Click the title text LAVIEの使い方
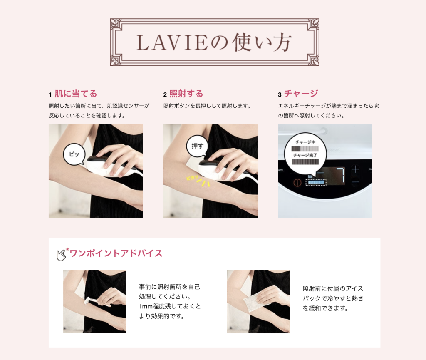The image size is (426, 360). click(214, 42)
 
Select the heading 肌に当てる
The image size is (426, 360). click(76, 94)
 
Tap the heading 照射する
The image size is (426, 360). click(186, 94)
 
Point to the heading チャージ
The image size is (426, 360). click(301, 94)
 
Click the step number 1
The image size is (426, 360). click(50, 94)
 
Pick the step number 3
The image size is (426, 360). click(280, 94)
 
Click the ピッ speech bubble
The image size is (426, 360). click(74, 154)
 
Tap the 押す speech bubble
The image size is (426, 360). click(197, 146)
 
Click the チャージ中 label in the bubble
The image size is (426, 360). click(305, 142)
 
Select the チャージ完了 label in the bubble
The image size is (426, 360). click(305, 155)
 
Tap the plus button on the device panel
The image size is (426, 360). click(355, 170)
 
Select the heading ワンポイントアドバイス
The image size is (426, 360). click(116, 253)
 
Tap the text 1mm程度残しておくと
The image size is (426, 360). click(170, 306)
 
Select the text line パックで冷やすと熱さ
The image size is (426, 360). click(333, 298)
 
